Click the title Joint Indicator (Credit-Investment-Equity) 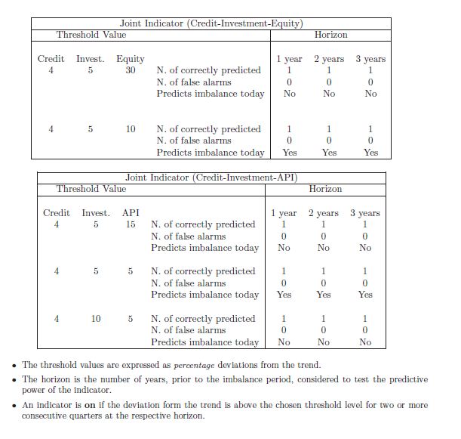[x=211, y=23]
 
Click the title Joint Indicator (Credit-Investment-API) [x=211, y=177]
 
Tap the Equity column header [x=131, y=59]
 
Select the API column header [x=131, y=213]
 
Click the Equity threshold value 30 [x=131, y=70]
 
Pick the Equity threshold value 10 [x=131, y=129]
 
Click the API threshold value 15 [x=131, y=224]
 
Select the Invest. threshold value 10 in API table [x=96, y=318]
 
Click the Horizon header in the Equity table [x=330, y=35]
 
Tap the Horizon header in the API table [x=325, y=188]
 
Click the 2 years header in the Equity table [x=329, y=59]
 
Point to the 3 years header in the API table [x=365, y=213]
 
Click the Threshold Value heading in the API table [x=92, y=188]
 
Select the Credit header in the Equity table [x=51, y=59]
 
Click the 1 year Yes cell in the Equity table [x=289, y=153]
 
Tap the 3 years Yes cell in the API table [x=365, y=295]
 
